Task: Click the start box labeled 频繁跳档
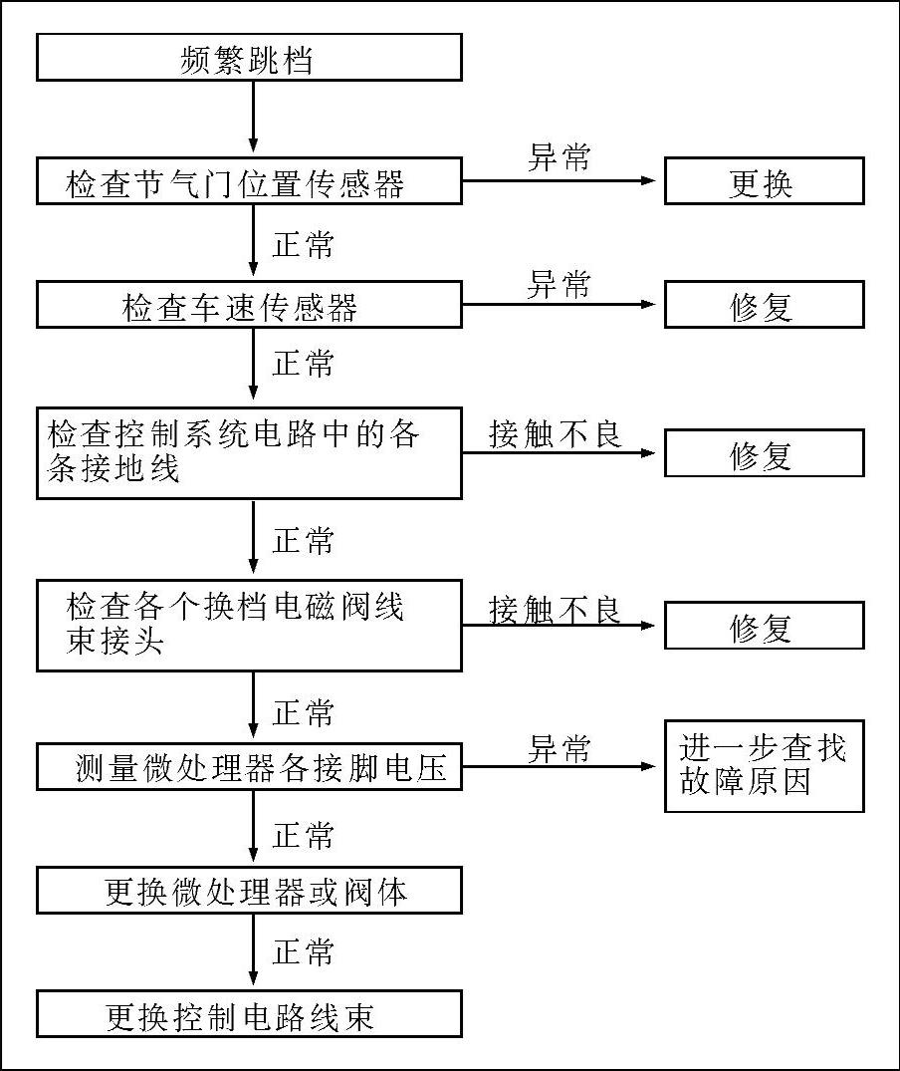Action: tap(249, 58)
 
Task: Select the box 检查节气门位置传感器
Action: tap(249, 181)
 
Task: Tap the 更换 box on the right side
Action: tap(764, 181)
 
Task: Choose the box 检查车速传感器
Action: tap(249, 304)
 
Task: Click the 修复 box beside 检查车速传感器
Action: tap(764, 304)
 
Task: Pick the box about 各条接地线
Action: tap(249, 452)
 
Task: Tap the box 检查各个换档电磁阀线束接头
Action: tap(249, 625)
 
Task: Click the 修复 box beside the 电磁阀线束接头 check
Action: tap(764, 626)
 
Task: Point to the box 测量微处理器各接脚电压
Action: tap(249, 767)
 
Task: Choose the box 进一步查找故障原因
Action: tap(764, 765)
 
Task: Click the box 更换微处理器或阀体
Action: tap(249, 890)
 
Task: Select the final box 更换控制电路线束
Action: tap(249, 1014)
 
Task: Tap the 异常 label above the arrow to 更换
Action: tap(559, 157)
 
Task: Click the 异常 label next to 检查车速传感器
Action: tap(559, 284)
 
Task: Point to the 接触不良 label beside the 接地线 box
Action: tap(556, 433)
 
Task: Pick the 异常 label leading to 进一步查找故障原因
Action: tap(559, 748)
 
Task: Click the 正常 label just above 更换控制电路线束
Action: tap(304, 952)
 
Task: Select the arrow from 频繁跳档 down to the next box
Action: tap(253, 118)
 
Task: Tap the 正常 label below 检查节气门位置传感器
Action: tap(304, 244)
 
